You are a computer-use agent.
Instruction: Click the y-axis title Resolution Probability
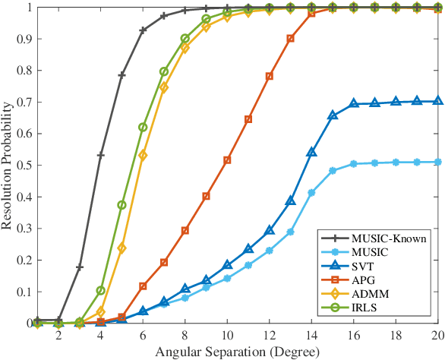coord(9,165)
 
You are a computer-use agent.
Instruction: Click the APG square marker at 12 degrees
coord(269,77)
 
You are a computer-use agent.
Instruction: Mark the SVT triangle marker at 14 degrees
coord(311,153)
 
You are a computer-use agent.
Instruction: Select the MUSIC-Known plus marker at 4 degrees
coord(100,155)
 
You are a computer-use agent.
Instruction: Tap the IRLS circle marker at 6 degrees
coord(143,128)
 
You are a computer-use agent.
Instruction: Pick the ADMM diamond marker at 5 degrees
coord(122,248)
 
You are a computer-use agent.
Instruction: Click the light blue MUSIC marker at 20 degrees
coord(437,162)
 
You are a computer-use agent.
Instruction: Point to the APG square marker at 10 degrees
coord(227,160)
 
